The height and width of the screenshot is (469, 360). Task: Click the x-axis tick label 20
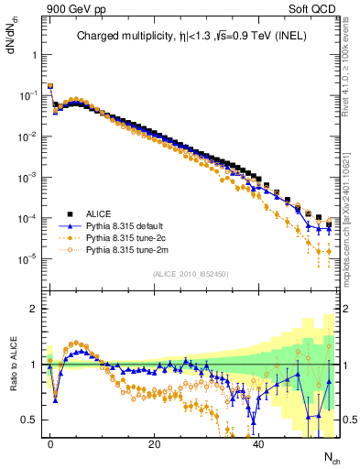pos(155,442)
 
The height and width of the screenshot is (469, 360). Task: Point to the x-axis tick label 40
pos(259,442)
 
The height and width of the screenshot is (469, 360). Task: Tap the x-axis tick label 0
pos(50,442)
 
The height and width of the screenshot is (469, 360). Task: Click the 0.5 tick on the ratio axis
pos(31,420)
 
